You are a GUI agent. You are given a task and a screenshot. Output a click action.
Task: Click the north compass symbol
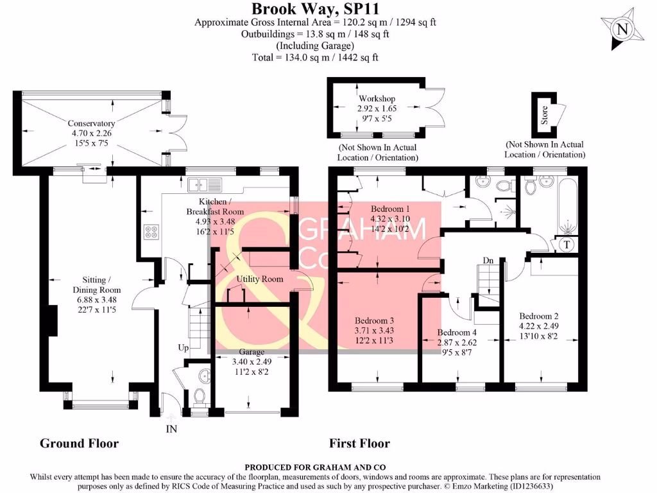tap(621, 28)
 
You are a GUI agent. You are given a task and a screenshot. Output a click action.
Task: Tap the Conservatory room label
tap(91, 123)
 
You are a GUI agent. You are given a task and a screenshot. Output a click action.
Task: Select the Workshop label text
tap(377, 99)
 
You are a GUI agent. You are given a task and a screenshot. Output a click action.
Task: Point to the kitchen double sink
tap(204, 185)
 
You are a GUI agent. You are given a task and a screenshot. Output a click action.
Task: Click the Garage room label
tap(252, 352)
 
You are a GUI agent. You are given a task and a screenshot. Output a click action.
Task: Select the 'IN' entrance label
tap(171, 428)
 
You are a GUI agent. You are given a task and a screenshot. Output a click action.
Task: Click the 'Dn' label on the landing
tap(489, 260)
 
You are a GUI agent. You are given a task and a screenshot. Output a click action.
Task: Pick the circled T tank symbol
tap(568, 245)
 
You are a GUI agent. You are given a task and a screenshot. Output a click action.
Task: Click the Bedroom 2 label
tap(539, 316)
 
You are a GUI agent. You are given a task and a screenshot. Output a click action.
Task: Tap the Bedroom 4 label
tap(457, 333)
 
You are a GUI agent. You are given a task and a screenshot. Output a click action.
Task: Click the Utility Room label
tap(260, 279)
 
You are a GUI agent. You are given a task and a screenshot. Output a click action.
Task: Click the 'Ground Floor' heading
tap(79, 443)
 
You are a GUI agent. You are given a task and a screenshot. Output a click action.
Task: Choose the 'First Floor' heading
tap(359, 443)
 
